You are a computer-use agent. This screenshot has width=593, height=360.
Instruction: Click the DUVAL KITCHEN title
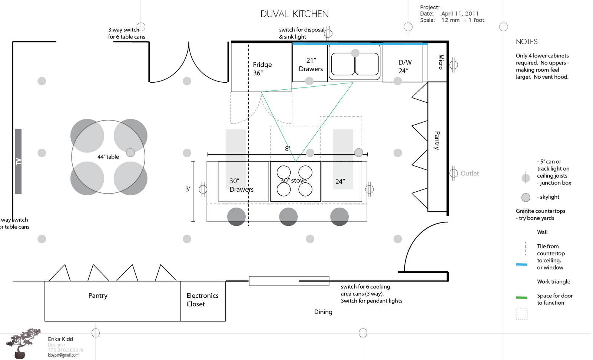pos(295,14)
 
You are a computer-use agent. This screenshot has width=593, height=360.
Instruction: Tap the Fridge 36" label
pos(262,69)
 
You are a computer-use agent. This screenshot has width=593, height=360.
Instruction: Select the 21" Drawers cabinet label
pos(311,65)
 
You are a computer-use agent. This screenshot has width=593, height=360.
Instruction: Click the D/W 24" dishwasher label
pos(404,66)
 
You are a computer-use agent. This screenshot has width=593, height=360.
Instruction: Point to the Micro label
pos(441,62)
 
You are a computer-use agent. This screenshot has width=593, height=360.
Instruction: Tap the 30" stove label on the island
pos(294,181)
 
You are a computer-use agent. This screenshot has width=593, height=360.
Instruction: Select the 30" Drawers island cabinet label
pos(241,185)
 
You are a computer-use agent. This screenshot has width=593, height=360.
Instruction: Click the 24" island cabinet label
pos(340,182)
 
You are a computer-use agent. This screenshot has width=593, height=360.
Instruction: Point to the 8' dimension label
pos(287,149)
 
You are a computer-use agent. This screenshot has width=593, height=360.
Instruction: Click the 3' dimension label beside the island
pos(188,189)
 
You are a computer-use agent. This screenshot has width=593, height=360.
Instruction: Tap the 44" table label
pos(108,157)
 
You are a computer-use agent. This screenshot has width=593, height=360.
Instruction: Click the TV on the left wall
pos(18,161)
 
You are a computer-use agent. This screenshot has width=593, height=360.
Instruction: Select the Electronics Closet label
pos(202,300)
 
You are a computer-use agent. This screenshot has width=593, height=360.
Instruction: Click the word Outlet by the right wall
pos(470,174)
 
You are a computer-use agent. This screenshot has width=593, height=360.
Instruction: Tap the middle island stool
pos(288,217)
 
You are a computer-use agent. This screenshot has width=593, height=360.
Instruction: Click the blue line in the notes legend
pos(521,264)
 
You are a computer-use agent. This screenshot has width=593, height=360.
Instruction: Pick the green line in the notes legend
pos(521,297)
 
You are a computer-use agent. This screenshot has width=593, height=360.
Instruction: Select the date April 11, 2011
pos(460,14)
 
